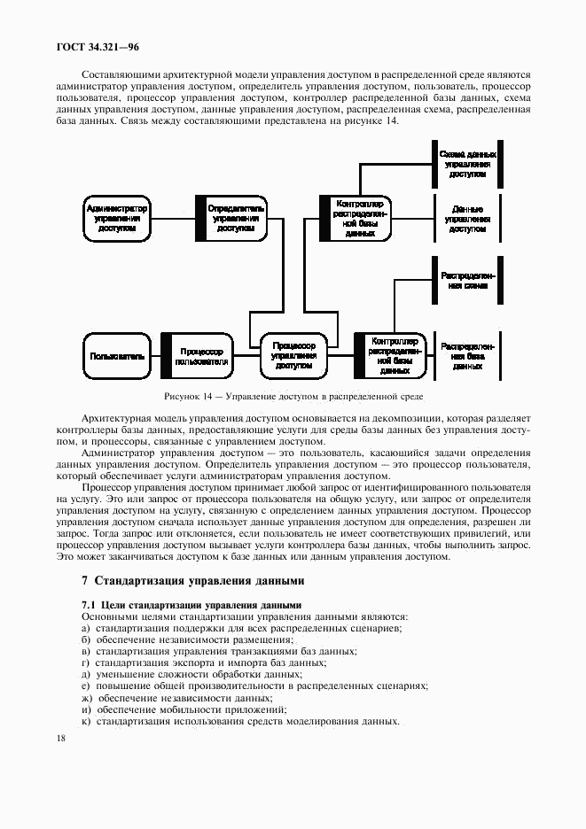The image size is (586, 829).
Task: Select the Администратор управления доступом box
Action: pyautogui.click(x=116, y=217)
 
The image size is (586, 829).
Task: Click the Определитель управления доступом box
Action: pyautogui.click(x=230, y=217)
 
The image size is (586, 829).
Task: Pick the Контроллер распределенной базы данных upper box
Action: pyautogui.click(x=354, y=218)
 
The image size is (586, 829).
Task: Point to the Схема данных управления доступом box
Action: pyautogui.click(x=467, y=164)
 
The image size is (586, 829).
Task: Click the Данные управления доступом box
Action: pyautogui.click(x=467, y=218)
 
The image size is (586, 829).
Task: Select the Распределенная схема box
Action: pyautogui.click(x=467, y=281)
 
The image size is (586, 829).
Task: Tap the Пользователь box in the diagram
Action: pyautogui.click(x=116, y=356)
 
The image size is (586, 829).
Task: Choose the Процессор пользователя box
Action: pyautogui.click(x=196, y=356)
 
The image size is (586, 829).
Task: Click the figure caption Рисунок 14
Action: pyautogui.click(x=293, y=396)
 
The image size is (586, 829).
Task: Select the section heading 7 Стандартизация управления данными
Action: pyautogui.click(x=192, y=581)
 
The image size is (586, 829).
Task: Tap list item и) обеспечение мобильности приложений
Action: pyautogui.click(x=184, y=709)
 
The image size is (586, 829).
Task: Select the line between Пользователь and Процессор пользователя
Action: pyautogui.click(x=155, y=356)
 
